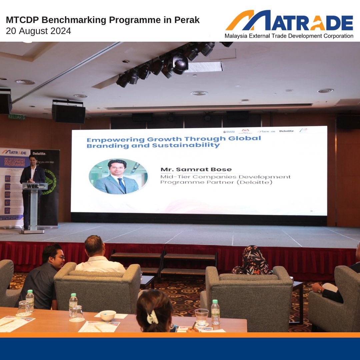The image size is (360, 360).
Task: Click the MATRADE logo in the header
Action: pyautogui.click(x=289, y=21)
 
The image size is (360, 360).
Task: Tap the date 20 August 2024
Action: pyautogui.click(x=38, y=31)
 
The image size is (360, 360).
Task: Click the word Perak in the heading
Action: pyautogui.click(x=187, y=20)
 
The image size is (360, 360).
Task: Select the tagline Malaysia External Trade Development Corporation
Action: pyautogui.click(x=289, y=36)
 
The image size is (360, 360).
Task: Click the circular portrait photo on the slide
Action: pyautogui.click(x=118, y=176)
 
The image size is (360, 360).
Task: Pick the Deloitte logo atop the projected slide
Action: pyautogui.click(x=286, y=131)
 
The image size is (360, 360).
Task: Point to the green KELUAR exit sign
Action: pyautogui.click(x=17, y=117)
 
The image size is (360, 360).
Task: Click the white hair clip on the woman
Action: pyautogui.click(x=152, y=317)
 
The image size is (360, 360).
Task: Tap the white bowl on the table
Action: pyautogui.click(x=108, y=315)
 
